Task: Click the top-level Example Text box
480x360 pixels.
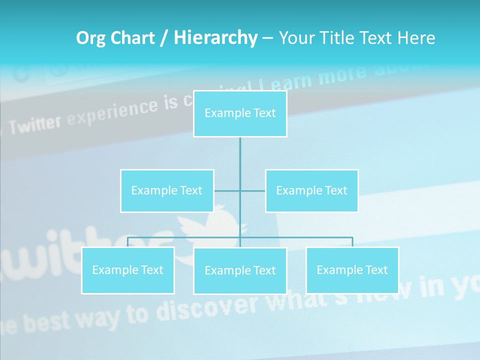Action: pyautogui.click(x=240, y=113)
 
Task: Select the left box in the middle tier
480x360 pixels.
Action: pyautogui.click(x=167, y=191)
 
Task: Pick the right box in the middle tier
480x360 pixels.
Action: pyautogui.click(x=311, y=191)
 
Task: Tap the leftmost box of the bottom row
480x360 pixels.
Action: pyautogui.click(x=128, y=270)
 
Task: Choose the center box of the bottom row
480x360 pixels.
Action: pyautogui.click(x=240, y=271)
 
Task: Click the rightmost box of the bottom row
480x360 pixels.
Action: pyautogui.click(x=352, y=270)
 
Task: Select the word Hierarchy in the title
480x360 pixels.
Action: pyautogui.click(x=215, y=38)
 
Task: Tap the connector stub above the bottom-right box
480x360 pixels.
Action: pyautogui.click(x=352, y=242)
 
